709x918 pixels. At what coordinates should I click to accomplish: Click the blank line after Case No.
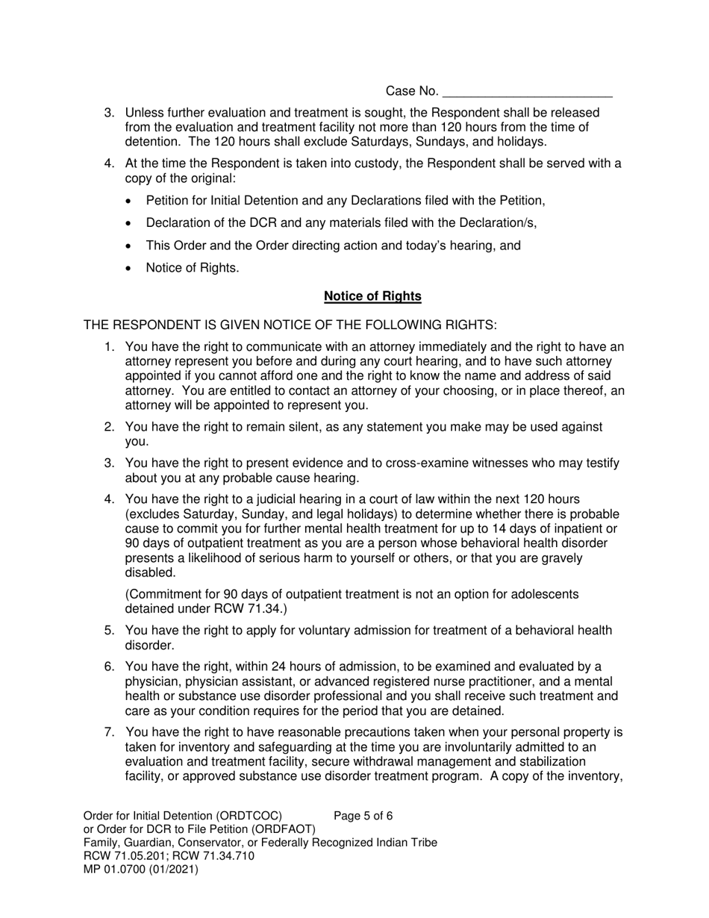point(528,93)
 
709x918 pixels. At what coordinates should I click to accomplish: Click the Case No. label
point(412,91)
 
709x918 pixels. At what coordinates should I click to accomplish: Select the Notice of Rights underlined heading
point(372,296)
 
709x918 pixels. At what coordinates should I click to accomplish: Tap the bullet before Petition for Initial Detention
point(131,201)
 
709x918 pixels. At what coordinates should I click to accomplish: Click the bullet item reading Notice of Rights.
point(193,268)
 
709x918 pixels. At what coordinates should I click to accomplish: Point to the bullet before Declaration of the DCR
point(131,223)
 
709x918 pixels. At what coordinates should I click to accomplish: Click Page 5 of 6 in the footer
point(363,816)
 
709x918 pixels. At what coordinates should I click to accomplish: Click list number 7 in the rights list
point(109,732)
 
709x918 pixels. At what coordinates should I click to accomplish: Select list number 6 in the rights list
point(109,666)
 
